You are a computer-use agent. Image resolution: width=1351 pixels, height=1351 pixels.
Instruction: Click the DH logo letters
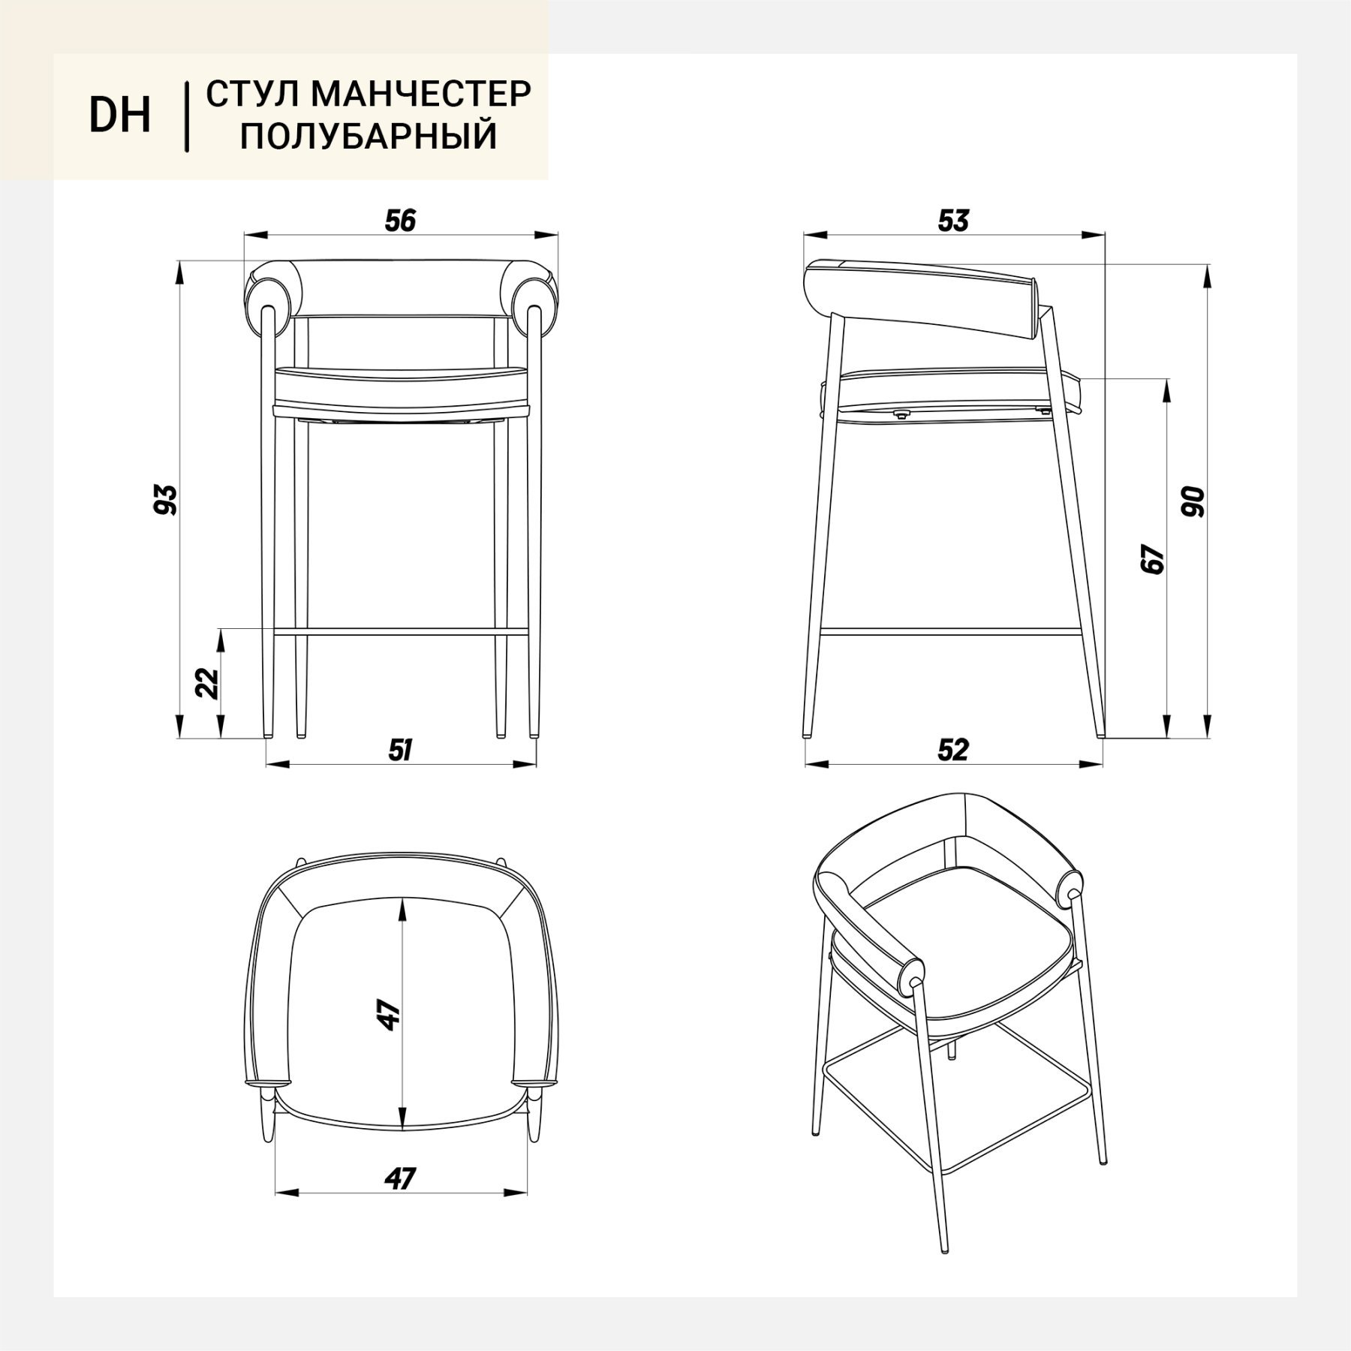tap(120, 116)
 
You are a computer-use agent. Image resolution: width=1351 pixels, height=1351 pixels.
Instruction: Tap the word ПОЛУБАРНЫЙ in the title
tap(369, 137)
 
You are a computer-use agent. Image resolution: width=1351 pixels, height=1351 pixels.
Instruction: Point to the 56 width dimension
tap(400, 221)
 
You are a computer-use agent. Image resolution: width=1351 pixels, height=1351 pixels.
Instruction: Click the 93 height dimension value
tap(165, 500)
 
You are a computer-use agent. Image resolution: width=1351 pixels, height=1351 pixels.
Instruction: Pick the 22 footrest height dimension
tap(207, 683)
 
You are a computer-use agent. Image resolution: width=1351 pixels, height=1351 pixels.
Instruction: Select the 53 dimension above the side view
tap(953, 221)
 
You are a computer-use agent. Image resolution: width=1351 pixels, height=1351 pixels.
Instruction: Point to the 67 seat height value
tap(1151, 559)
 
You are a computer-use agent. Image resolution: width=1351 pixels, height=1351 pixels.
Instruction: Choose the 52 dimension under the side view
tap(953, 751)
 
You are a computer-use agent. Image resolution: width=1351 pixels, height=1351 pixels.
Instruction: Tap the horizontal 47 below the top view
tap(399, 1179)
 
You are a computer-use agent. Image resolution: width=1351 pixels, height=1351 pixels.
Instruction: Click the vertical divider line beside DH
tap(186, 117)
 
